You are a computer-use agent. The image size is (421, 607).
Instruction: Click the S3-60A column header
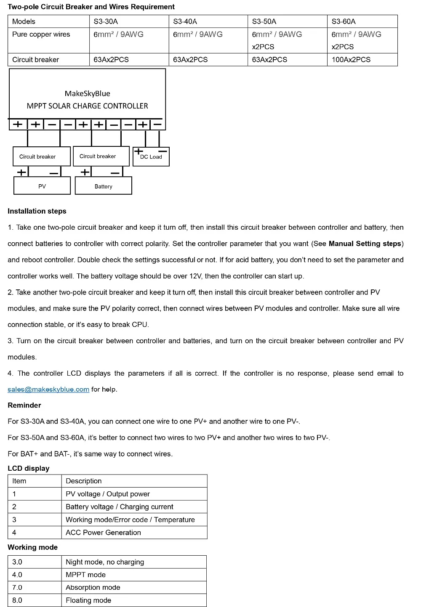point(344,21)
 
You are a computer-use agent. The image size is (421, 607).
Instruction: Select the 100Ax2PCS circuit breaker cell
point(351,60)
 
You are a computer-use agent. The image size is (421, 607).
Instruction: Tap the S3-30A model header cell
point(106,21)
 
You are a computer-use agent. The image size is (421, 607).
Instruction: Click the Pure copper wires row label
point(41,34)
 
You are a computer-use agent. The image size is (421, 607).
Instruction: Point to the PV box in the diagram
point(42,186)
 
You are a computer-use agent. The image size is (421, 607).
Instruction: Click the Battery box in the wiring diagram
point(103,186)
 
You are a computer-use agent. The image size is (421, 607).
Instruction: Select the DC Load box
point(151,157)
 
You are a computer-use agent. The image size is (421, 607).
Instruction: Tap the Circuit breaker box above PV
point(41,156)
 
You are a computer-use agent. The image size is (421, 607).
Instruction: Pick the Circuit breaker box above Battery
point(101,156)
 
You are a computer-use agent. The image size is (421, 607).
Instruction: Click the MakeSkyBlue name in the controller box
point(88,94)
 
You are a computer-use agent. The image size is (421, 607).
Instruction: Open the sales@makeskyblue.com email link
point(48,390)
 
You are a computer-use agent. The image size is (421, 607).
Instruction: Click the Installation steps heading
point(37,211)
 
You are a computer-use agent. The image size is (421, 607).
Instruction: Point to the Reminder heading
point(24,406)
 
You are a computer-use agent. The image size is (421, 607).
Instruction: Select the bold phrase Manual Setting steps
point(365,244)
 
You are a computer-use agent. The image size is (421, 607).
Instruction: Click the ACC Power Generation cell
point(103,533)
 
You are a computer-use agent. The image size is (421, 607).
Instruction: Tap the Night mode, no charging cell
point(105,562)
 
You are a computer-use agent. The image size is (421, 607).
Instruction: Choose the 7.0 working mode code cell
point(17,588)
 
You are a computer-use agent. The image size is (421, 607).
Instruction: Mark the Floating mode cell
point(88,600)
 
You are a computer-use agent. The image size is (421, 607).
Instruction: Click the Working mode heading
point(32,547)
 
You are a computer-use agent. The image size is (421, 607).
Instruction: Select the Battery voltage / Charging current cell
point(120,507)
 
